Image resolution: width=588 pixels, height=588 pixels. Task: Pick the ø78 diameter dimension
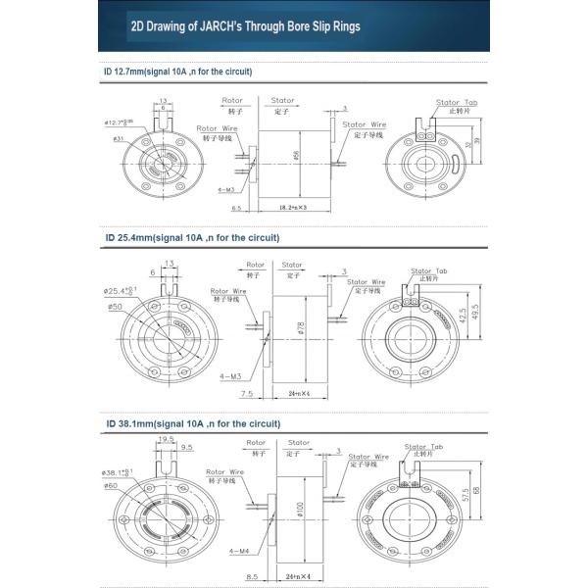tap(300, 328)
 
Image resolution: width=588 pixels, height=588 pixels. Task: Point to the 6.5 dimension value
tap(236, 209)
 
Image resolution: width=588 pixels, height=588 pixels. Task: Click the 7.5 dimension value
tap(246, 394)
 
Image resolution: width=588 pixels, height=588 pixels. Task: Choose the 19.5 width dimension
tap(166, 440)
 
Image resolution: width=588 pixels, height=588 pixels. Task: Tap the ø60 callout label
tap(111, 485)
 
